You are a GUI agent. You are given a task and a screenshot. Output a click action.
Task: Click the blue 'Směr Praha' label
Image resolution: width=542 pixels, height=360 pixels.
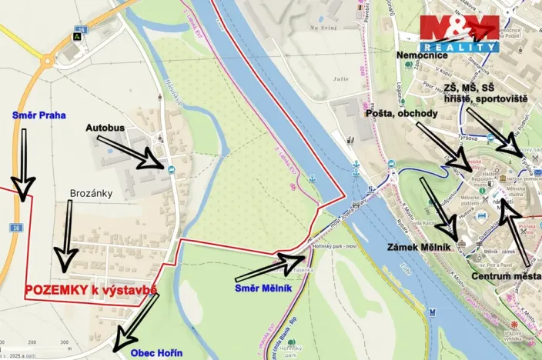tap(38, 115)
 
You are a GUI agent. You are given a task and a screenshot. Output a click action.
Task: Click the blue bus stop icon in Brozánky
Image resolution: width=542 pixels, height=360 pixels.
tap(170, 169)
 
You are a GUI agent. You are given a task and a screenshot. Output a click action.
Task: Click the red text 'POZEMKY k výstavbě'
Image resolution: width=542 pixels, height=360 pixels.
tap(91, 290)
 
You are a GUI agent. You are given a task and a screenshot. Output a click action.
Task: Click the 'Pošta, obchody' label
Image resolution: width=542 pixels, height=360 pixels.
tap(403, 113)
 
